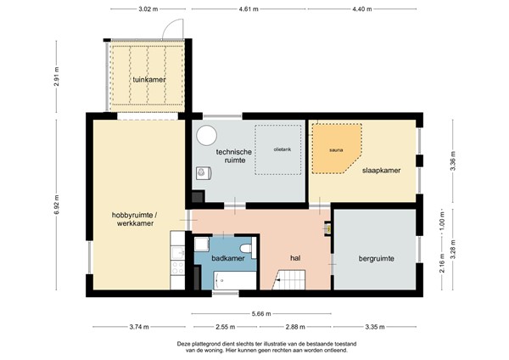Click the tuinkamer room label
pyautogui.click(x=148, y=80)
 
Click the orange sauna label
pyautogui.click(x=336, y=150)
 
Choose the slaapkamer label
pyautogui.click(x=380, y=169)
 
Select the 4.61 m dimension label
pyautogui.click(x=248, y=9)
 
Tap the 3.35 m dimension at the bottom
pyautogui.click(x=374, y=327)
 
